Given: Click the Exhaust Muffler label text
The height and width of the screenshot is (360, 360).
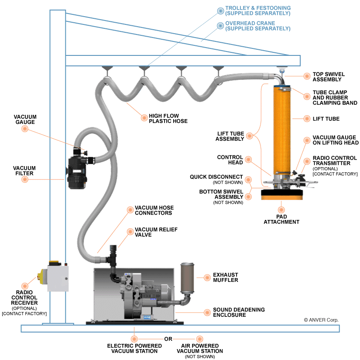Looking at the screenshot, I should tap(225, 278).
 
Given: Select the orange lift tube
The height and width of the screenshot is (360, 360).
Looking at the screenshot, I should tap(281, 131).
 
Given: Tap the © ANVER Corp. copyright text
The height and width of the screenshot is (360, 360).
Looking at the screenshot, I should tap(321, 320).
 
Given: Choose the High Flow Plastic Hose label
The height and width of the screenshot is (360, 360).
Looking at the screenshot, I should tap(168, 118).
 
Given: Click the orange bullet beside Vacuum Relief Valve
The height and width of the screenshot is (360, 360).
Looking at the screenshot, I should tap(130, 232).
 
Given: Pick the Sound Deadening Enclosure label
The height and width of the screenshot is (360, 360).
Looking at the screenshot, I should tap(239, 312).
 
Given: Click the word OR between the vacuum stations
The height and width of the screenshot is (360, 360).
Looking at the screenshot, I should tap(168, 339).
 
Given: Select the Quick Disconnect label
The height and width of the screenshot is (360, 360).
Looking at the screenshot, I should tap(216, 177).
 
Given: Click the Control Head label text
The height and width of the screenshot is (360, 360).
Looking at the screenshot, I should tap(230, 160).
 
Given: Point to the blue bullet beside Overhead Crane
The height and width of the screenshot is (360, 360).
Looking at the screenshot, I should tap(220, 26).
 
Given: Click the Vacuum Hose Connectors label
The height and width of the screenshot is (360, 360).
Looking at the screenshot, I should tap(153, 210).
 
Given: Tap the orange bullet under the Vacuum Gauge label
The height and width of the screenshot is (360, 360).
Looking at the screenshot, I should tap(25, 130).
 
